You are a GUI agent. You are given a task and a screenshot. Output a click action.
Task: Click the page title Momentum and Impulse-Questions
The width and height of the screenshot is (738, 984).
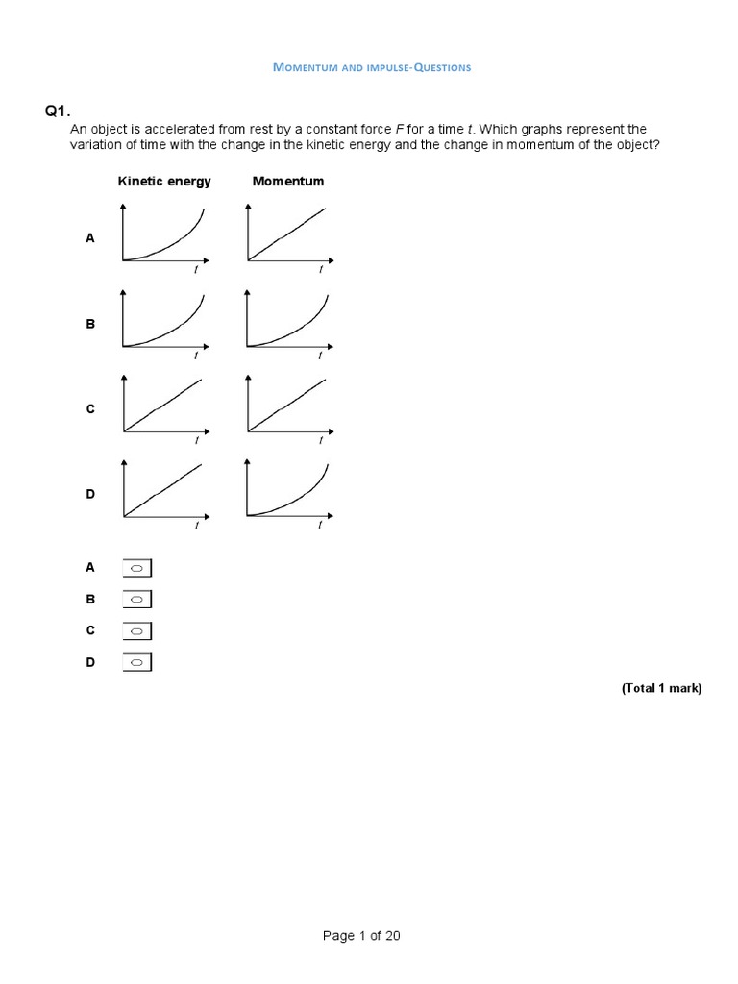pyautogui.click(x=372, y=67)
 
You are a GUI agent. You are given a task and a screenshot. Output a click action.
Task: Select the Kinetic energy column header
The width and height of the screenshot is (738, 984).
pyautogui.click(x=164, y=181)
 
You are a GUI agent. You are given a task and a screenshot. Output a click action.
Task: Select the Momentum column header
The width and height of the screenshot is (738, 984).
pyautogui.click(x=287, y=181)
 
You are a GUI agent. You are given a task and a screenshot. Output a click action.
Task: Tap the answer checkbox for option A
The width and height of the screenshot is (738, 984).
pyautogui.click(x=137, y=569)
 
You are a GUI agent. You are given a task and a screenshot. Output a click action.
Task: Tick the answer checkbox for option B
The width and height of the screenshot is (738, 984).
pyautogui.click(x=137, y=600)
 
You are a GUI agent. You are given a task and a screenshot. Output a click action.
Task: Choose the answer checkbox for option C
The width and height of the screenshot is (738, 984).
pyautogui.click(x=137, y=631)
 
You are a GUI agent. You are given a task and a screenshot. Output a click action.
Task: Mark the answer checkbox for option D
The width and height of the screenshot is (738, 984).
pyautogui.click(x=137, y=662)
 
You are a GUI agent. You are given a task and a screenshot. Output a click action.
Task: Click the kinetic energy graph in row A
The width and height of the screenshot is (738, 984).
pyautogui.click(x=164, y=236)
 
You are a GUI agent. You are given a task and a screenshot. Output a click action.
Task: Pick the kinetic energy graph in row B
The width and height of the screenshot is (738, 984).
pyautogui.click(x=164, y=321)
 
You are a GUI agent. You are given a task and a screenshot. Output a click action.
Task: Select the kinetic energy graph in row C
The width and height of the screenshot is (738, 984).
pyautogui.click(x=164, y=406)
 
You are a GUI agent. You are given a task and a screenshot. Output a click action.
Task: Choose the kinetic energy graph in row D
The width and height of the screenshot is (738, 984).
pyautogui.click(x=164, y=491)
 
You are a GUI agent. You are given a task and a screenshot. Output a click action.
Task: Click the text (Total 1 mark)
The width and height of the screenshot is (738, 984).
pyautogui.click(x=661, y=688)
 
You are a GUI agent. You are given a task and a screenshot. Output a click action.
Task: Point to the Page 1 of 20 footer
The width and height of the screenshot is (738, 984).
pyautogui.click(x=361, y=937)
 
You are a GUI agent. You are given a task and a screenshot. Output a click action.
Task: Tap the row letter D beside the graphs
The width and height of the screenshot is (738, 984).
pyautogui.click(x=90, y=494)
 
